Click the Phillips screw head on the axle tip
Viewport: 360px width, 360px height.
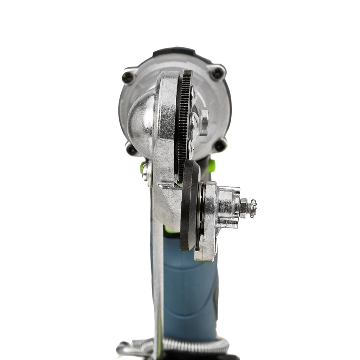[252, 208]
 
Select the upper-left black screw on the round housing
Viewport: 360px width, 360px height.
[128, 77]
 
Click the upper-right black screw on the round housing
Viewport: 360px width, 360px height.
[217, 73]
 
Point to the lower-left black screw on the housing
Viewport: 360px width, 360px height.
[131, 149]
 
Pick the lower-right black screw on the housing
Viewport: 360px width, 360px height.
[220, 145]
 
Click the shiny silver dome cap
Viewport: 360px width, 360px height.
[140, 123]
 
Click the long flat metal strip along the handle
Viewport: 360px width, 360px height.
[158, 281]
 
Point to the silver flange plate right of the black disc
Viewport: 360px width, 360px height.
[208, 221]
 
